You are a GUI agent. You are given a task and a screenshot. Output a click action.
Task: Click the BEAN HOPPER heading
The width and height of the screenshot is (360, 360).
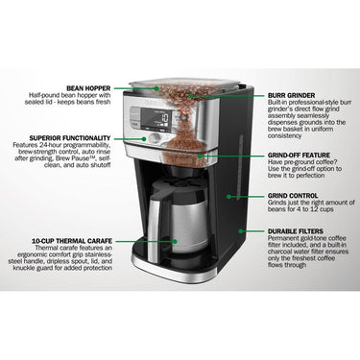[x=88, y=88]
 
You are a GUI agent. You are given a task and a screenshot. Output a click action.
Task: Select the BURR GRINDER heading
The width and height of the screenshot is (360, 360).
[x=291, y=95]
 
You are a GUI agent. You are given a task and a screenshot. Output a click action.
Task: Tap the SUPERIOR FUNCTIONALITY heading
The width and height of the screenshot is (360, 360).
[x=70, y=138]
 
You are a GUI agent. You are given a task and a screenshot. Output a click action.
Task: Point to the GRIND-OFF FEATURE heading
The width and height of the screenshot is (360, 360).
[x=299, y=156]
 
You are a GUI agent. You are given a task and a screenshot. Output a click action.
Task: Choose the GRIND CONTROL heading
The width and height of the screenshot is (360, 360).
[x=293, y=196]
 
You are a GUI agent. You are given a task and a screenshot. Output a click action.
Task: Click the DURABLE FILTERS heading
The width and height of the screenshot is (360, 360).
[x=296, y=231]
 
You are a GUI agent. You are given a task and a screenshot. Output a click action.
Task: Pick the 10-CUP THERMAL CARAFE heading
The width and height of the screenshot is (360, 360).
[x=72, y=241]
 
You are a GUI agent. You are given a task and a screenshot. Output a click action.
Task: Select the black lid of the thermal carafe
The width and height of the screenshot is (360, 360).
[x=179, y=190]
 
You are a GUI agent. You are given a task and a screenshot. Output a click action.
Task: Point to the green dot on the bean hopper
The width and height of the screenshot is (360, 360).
[x=156, y=88]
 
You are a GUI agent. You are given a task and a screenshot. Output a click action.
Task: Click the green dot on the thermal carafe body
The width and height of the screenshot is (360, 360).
[x=175, y=241]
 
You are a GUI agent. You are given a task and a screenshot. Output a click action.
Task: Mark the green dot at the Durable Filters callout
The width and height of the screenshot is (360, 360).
[x=241, y=230]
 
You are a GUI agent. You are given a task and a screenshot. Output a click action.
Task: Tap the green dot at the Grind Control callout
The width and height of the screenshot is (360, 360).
[x=228, y=196]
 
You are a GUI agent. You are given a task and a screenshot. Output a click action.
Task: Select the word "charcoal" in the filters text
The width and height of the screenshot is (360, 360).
[x=279, y=252]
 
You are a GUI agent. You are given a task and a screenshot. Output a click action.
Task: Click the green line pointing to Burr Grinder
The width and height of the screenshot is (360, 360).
[x=228, y=95]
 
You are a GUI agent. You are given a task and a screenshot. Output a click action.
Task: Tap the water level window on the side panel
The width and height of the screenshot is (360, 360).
[x=239, y=167]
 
